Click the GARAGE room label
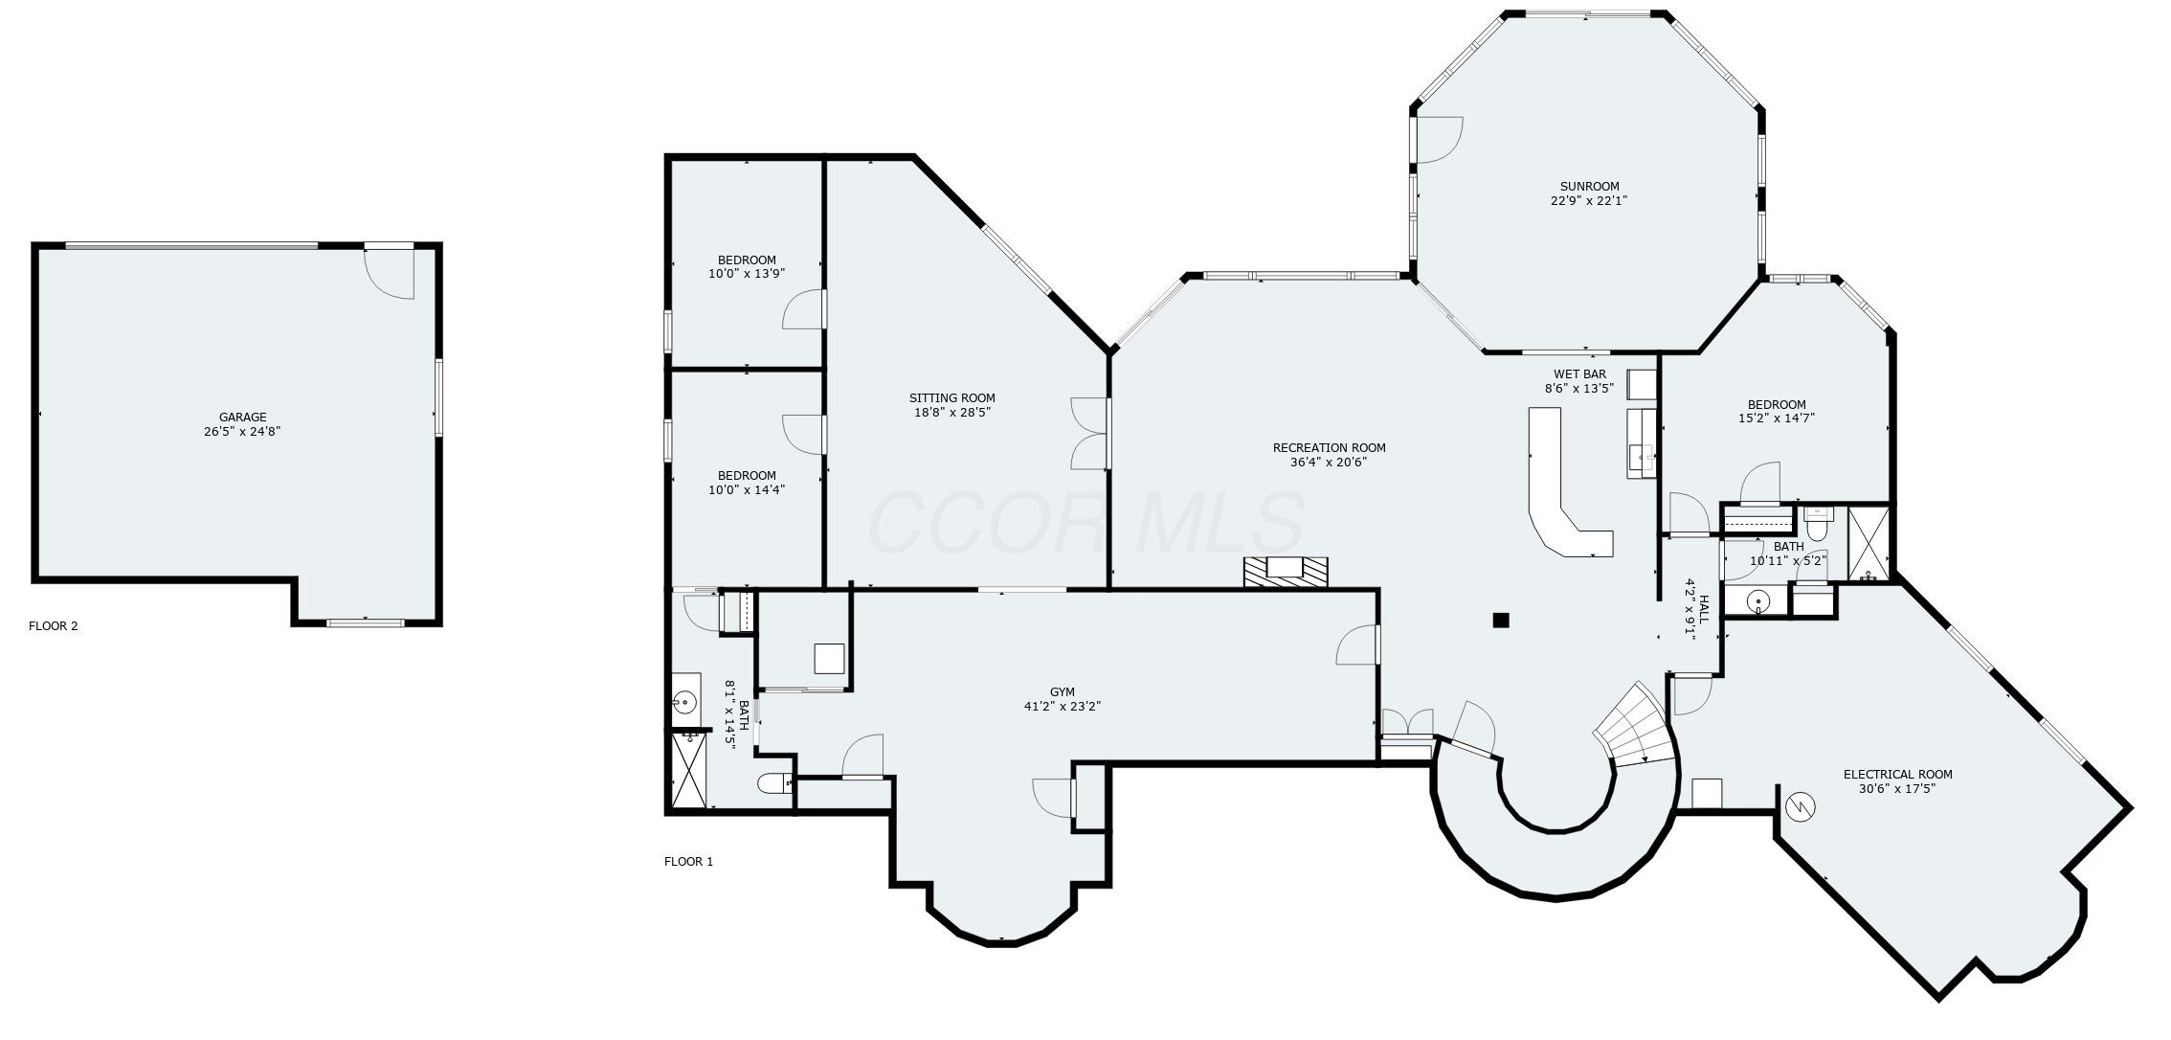pyautogui.click(x=243, y=418)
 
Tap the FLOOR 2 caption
pyautogui.click(x=54, y=626)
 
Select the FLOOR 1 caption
pyautogui.click(x=688, y=862)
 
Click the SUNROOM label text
pyautogui.click(x=1589, y=187)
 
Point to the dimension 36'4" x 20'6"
pyautogui.click(x=1329, y=463)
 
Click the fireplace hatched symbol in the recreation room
pyautogui.click(x=1286, y=571)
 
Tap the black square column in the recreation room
pyautogui.click(x=1500, y=621)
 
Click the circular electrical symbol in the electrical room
pyautogui.click(x=1801, y=807)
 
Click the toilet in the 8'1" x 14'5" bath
pyautogui.click(x=773, y=784)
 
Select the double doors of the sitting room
pyautogui.click(x=1091, y=434)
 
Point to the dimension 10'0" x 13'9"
pyautogui.click(x=747, y=274)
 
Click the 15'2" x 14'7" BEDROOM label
pyautogui.click(x=1776, y=405)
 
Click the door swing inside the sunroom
pyautogui.click(x=1439, y=140)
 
